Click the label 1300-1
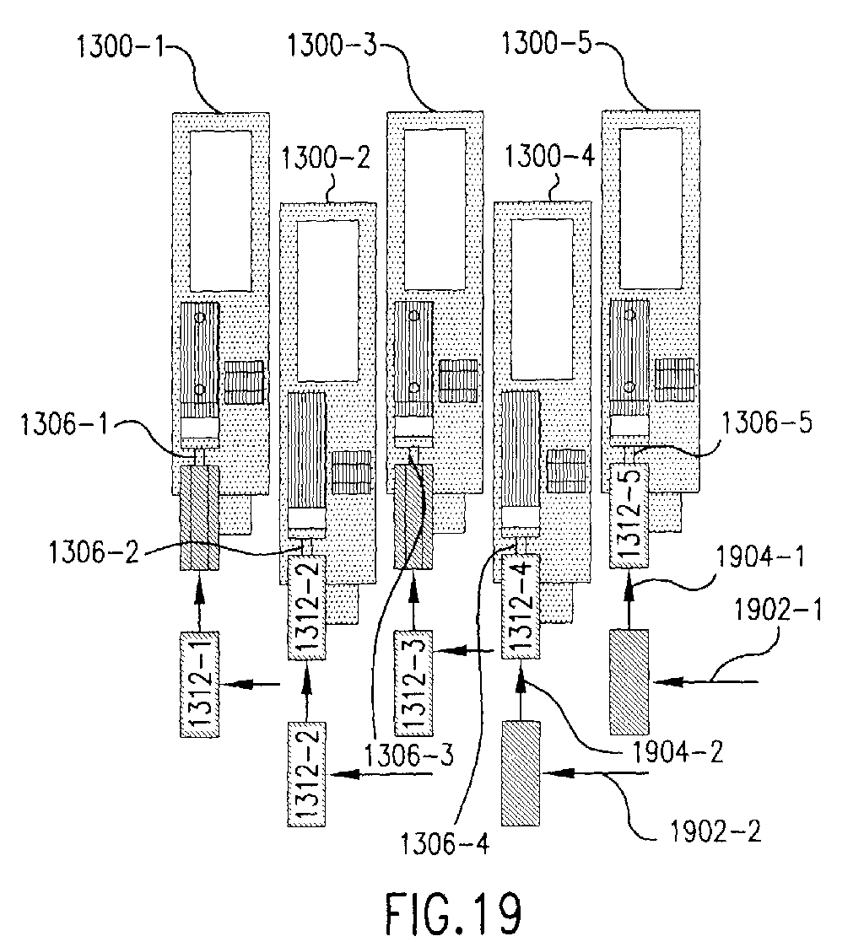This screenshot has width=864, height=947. [121, 47]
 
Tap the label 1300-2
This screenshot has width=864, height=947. [326, 159]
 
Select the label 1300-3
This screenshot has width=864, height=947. [332, 46]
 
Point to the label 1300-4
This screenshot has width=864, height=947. [549, 156]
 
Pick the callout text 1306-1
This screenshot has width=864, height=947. [64, 424]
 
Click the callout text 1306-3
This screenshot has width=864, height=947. [408, 755]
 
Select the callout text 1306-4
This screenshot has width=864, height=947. [444, 843]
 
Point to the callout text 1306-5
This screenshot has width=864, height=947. [767, 422]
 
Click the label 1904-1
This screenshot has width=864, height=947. [760, 557]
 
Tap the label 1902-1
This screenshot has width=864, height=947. [778, 610]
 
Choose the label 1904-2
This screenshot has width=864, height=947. [678, 752]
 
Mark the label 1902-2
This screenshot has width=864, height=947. [715, 831]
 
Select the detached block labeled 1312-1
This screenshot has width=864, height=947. [200, 684]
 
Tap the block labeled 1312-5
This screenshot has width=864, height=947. [629, 515]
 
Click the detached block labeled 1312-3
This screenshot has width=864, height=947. [413, 683]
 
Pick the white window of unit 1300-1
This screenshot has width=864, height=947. [220, 211]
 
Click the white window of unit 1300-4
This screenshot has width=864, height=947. [543, 299]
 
